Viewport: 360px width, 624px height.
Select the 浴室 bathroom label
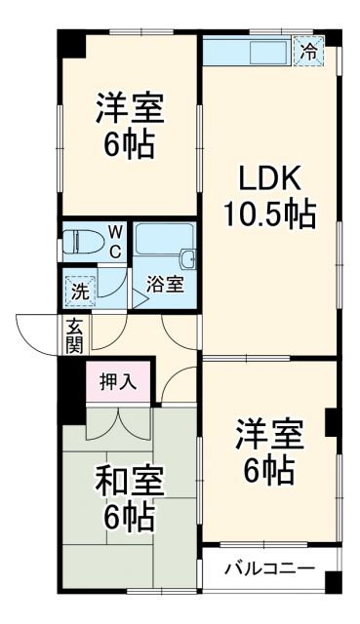coord(164,285)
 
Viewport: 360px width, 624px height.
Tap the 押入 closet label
coord(118,382)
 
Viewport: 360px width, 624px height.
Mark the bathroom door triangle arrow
coord(139,298)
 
